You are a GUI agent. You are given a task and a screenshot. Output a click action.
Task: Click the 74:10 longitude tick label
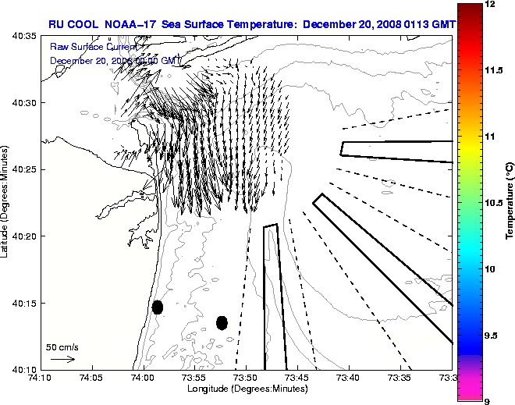[x=41, y=378]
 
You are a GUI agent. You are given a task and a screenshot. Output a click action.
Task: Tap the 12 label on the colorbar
[x=488, y=5]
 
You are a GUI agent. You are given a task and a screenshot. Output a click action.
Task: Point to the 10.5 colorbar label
[x=492, y=202]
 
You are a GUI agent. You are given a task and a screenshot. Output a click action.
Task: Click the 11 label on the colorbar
[x=488, y=137]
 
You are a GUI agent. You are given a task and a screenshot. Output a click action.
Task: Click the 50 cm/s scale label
[x=62, y=346]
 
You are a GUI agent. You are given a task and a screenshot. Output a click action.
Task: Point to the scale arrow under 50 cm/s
[x=62, y=359]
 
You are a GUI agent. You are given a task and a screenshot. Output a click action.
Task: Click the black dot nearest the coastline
[x=158, y=307]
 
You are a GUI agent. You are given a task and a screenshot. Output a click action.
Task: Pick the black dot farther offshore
[x=222, y=322]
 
